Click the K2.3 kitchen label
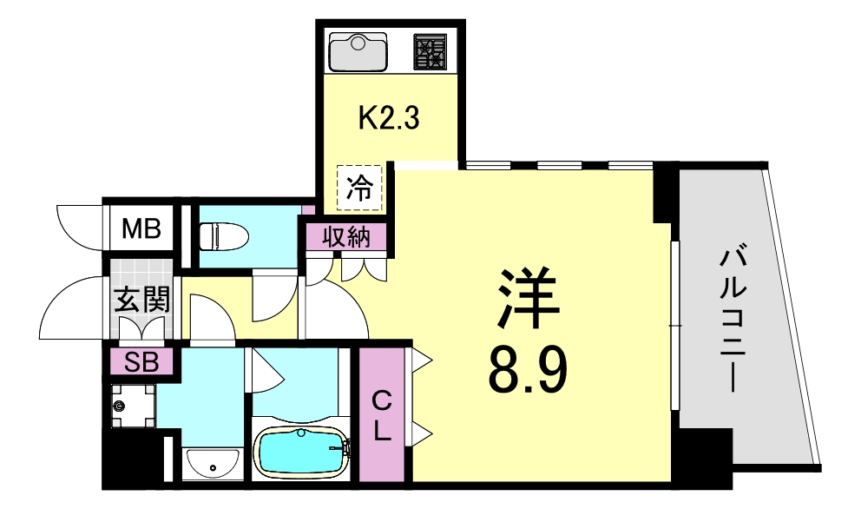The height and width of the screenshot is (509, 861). pyautogui.click(x=389, y=117)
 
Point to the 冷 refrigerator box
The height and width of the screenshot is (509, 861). pyautogui.click(x=358, y=188)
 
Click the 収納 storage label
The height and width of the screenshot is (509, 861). pyautogui.click(x=346, y=237)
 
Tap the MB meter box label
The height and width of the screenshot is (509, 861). pyautogui.click(x=141, y=229)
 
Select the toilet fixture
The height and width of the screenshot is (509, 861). pyautogui.click(x=223, y=235)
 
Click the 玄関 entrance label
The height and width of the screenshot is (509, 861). pyautogui.click(x=141, y=300)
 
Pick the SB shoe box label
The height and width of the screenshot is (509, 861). pyautogui.click(x=141, y=362)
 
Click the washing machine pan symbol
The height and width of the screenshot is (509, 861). pyautogui.click(x=129, y=406)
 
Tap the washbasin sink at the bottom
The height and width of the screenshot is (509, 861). pyautogui.click(x=213, y=464)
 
